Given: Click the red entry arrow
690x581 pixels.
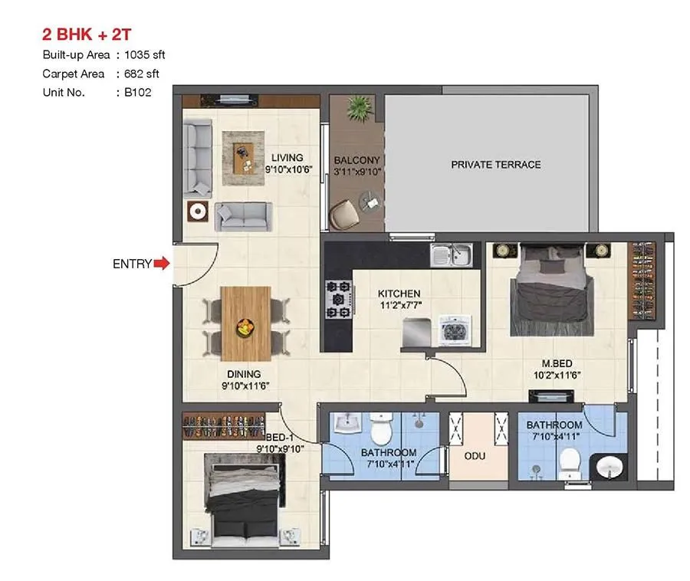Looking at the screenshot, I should pyautogui.click(x=161, y=264).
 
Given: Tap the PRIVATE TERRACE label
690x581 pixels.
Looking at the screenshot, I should pyautogui.click(x=495, y=165).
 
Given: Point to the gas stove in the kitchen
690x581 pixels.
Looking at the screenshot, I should pyautogui.click(x=339, y=297).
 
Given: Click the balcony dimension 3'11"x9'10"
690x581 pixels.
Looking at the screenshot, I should pyautogui.click(x=357, y=172).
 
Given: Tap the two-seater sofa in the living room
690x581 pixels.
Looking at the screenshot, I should pyautogui.click(x=242, y=216).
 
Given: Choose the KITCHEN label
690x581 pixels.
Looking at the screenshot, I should pyautogui.click(x=399, y=294).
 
